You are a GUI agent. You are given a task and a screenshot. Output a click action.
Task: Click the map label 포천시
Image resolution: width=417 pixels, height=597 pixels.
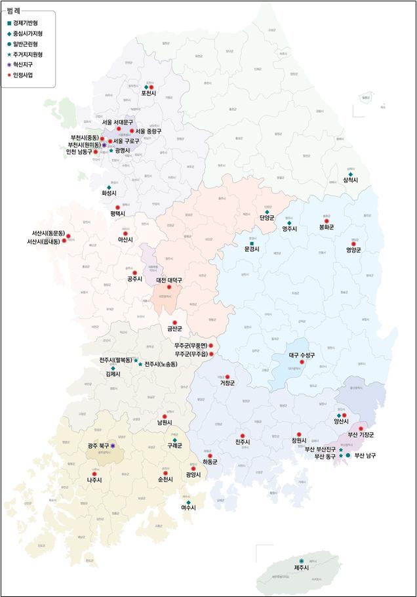point(149,94)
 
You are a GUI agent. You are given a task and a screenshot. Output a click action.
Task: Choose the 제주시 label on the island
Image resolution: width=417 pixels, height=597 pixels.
point(302,568)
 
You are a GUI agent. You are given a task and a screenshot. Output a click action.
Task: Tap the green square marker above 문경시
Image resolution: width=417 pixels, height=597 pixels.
point(251,243)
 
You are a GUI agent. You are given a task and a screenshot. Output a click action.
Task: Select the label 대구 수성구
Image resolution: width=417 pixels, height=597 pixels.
point(302,355)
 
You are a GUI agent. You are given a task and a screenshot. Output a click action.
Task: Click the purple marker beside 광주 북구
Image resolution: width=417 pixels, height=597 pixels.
point(113,445)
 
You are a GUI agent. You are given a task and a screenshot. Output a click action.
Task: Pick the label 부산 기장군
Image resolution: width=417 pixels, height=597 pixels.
point(361,435)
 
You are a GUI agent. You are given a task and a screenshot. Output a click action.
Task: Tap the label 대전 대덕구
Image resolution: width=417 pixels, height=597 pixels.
point(169,280)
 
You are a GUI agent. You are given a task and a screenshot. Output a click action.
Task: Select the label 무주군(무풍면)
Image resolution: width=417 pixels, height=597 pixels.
point(191,345)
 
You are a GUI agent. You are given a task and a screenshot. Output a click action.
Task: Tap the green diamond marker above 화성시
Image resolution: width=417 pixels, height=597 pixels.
point(109,188)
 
